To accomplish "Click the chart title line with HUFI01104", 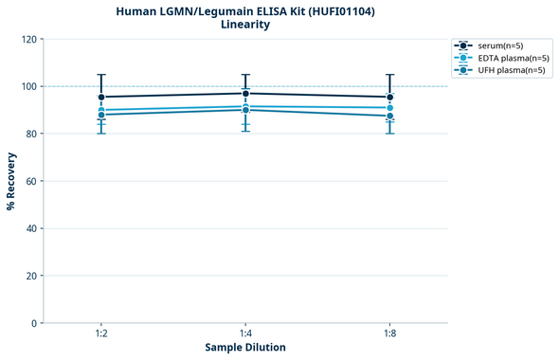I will [245, 10].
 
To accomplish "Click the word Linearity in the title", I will [245, 25].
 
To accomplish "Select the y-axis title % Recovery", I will [11, 181].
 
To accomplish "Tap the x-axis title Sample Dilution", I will [245, 348].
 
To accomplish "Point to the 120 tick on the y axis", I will [27, 39].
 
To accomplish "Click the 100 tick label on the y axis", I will [27, 86].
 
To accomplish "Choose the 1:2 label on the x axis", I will [101, 333].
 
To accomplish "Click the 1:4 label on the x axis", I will [245, 333].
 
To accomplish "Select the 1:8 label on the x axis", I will [389, 333].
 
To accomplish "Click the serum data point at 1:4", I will [245, 93].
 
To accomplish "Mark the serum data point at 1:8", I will [389, 97].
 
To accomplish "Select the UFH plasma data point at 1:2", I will [101, 115].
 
